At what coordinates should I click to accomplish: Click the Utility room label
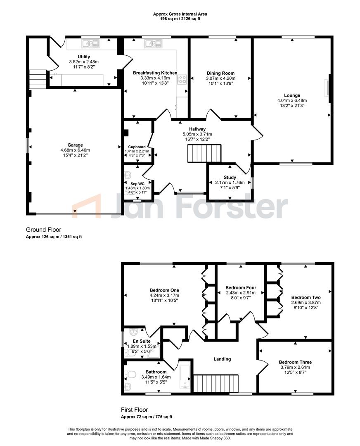pyautogui.click(x=84, y=57)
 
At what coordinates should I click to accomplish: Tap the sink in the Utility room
pyautogui.click(x=91, y=43)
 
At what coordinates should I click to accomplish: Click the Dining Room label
pyautogui.click(x=220, y=73)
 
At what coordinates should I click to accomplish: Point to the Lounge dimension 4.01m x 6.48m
pyautogui.click(x=292, y=100)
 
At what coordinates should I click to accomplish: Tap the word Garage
pyautogui.click(x=75, y=145)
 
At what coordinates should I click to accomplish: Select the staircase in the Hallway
pyautogui.click(x=204, y=153)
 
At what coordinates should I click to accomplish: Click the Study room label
pyautogui.click(x=230, y=178)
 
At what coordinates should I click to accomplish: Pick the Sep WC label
pyautogui.click(x=137, y=184)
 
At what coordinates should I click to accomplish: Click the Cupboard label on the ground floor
pyautogui.click(x=137, y=147)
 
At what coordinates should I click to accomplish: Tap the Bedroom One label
pyautogui.click(x=164, y=290)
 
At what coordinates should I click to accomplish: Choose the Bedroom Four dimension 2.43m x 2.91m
pyautogui.click(x=241, y=293)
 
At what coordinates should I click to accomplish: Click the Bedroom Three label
pyautogui.click(x=295, y=362)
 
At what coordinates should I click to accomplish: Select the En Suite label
pyautogui.click(x=142, y=341)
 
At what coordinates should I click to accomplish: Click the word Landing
pyautogui.click(x=222, y=359)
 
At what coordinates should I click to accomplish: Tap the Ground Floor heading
pyautogui.click(x=43, y=230)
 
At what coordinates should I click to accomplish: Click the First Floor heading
pyautogui.click(x=135, y=410)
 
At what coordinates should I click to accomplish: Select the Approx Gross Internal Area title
pyautogui.click(x=180, y=14)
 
